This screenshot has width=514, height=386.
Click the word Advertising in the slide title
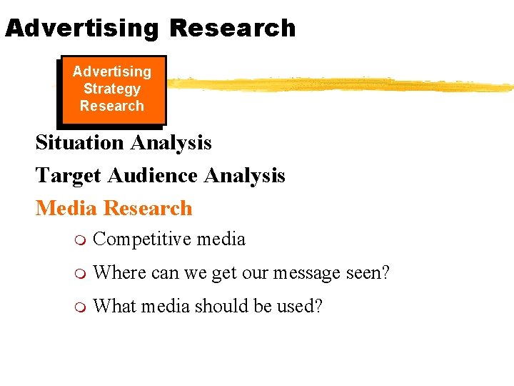(x=81, y=28)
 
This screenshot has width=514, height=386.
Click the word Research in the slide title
(x=232, y=28)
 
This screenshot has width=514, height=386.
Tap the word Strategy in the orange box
(x=112, y=89)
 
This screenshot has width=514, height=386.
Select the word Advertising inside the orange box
(x=112, y=71)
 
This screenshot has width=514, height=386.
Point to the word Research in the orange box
(x=112, y=106)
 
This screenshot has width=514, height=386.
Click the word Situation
(x=79, y=142)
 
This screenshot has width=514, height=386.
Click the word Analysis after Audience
(x=244, y=175)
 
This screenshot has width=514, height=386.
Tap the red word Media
(x=66, y=208)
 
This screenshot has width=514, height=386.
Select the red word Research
(x=148, y=208)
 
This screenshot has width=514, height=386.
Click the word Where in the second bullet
(x=116, y=272)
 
